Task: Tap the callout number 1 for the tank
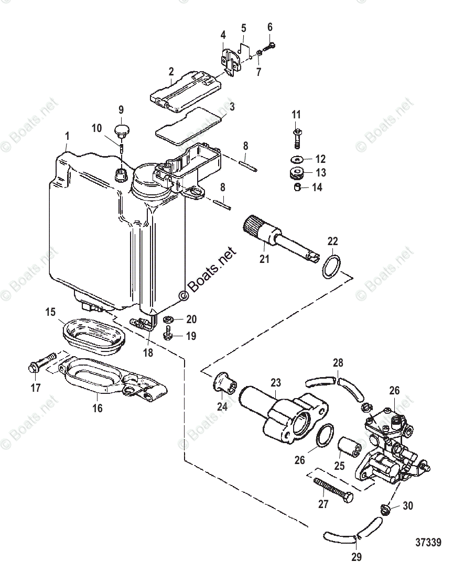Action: click(x=67, y=136)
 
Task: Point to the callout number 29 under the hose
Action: click(x=356, y=557)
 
